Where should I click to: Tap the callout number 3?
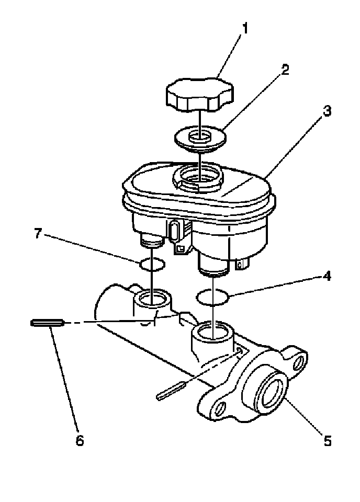[x=327, y=111]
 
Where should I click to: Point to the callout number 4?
[x=327, y=276]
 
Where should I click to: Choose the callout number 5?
[x=327, y=441]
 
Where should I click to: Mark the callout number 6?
[x=80, y=441]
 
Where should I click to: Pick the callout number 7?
[x=38, y=234]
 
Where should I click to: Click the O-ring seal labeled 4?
[x=213, y=298]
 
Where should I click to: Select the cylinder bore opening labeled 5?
[x=271, y=392]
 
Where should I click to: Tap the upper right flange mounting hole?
[x=300, y=361]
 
